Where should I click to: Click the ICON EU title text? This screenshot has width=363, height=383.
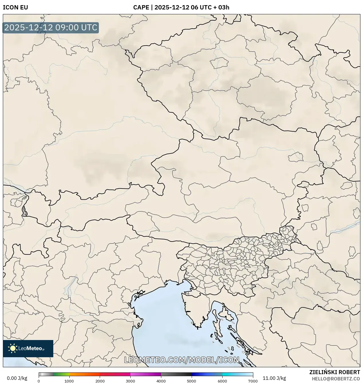click(x=15, y=7)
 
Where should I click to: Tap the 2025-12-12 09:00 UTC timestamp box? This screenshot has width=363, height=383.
click(x=51, y=28)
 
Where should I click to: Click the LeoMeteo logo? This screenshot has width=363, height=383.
click(x=28, y=348)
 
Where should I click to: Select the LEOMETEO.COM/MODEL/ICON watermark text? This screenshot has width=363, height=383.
click(x=181, y=360)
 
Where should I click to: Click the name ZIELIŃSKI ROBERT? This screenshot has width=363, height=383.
click(x=334, y=372)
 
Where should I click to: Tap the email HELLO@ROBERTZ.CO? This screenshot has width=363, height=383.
click(x=336, y=379)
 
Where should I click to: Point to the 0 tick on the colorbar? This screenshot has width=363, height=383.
click(x=39, y=381)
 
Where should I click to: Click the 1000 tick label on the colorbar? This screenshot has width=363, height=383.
click(x=69, y=381)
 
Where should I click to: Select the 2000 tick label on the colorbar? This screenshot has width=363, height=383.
click(x=100, y=381)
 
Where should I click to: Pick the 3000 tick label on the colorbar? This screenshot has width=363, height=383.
click(x=130, y=381)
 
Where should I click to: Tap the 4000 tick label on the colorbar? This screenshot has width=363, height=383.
click(x=161, y=381)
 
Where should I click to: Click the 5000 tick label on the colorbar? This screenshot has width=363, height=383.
click(x=191, y=381)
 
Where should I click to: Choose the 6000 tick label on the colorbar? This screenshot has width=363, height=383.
click(x=222, y=381)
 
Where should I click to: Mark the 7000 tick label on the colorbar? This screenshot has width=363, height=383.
click(x=252, y=381)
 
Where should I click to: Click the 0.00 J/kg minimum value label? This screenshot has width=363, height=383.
click(x=17, y=378)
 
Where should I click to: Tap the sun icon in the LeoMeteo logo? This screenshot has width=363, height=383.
click(x=13, y=348)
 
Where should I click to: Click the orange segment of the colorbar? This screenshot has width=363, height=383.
click(x=85, y=374)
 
